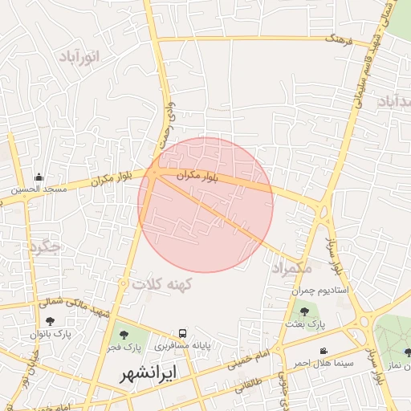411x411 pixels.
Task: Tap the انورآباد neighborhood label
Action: click(x=79, y=56)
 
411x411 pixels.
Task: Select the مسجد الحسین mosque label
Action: click(x=41, y=190)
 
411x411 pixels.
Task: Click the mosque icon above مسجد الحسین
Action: click(x=39, y=177)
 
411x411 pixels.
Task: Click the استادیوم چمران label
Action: click(x=319, y=290)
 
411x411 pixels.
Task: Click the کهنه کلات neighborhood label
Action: click(x=164, y=284)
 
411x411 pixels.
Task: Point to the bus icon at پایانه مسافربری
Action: click(x=184, y=333)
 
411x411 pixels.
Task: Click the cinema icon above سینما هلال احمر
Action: click(x=323, y=352)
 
